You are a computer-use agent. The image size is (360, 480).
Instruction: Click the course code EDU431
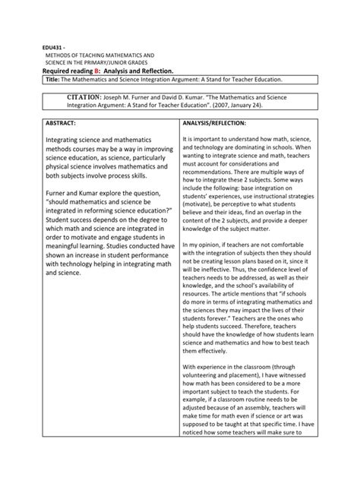click(50, 48)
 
